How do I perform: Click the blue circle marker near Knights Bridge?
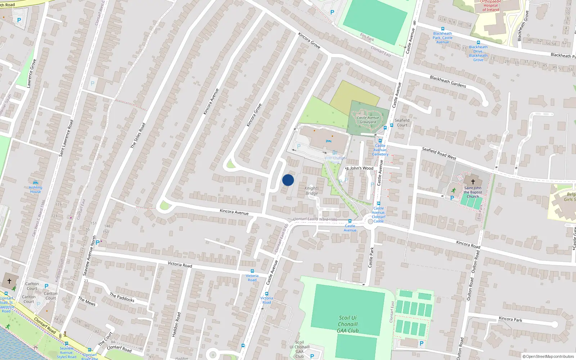[288, 180]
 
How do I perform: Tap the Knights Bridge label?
[312, 191]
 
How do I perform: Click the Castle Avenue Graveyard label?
[368, 120]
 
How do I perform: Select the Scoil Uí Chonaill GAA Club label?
[348, 324]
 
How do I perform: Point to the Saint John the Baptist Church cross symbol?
[473, 182]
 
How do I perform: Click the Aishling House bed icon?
[35, 183]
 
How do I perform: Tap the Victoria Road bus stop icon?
[252, 271]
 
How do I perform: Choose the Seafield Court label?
[402, 123]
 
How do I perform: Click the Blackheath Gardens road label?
[448, 82]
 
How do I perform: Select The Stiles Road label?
[138, 135]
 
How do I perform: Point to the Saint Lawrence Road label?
[66, 138]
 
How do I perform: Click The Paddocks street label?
[122, 297]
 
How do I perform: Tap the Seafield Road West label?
[439, 153]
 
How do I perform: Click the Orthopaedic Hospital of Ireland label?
[491, 6]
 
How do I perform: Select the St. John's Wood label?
[360, 168]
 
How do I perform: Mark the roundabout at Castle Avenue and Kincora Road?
[370, 221]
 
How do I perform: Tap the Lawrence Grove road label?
[32, 73]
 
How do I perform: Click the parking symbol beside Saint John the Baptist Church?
[452, 198]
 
